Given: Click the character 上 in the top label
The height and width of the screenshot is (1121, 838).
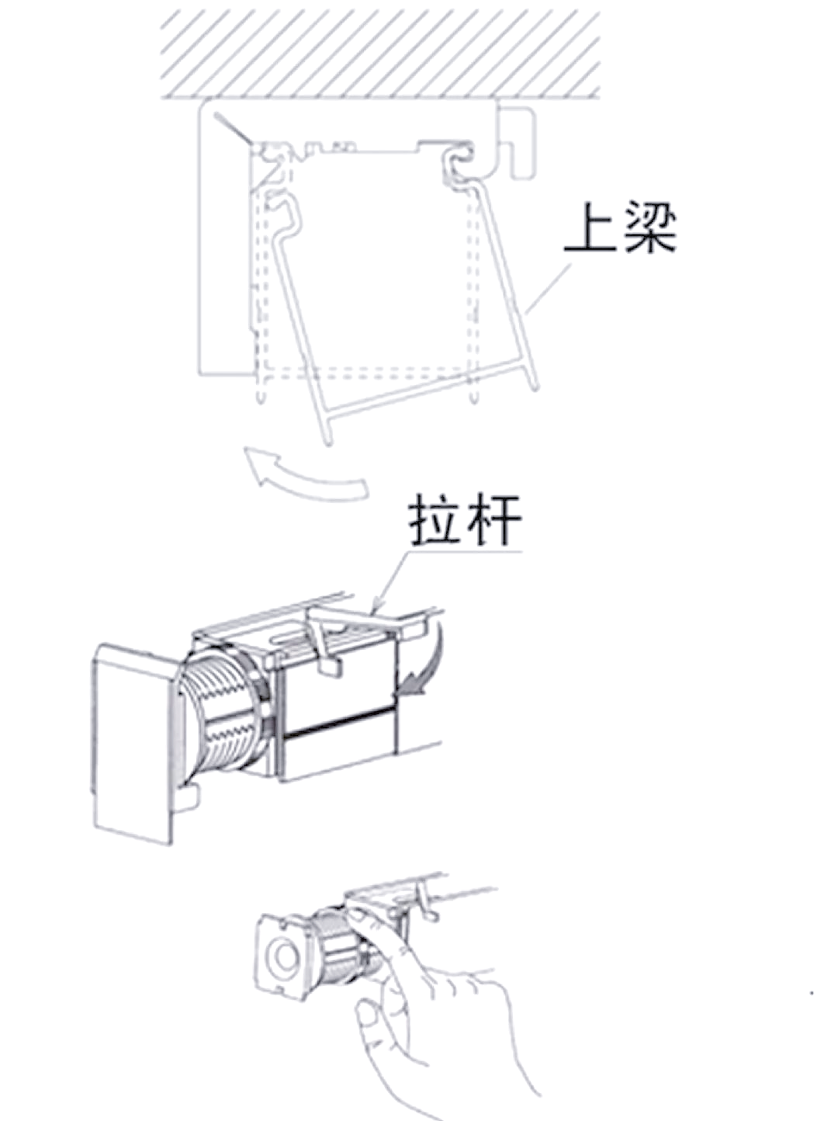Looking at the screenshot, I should tap(590, 228).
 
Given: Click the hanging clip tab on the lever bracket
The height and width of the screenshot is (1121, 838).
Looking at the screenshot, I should tap(330, 664).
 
